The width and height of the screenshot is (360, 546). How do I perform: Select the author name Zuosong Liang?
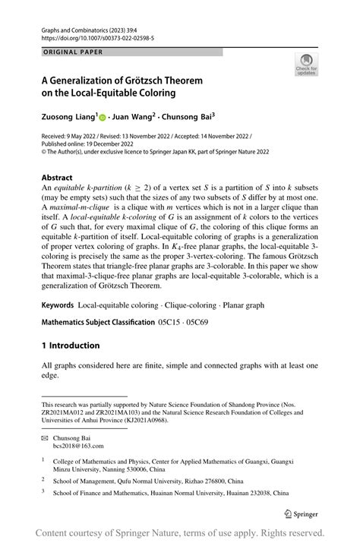pyautogui.click(x=68, y=118)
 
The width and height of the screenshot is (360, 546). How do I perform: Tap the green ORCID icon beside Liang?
pyautogui.click(x=103, y=118)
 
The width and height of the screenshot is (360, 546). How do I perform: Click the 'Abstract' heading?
pyautogui.click(x=62, y=177)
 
